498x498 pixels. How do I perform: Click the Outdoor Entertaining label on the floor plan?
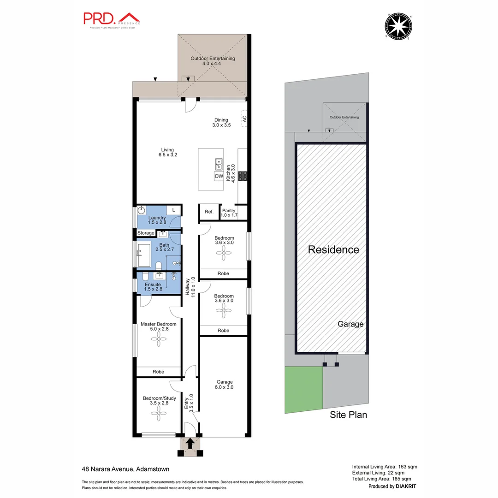point(212,61)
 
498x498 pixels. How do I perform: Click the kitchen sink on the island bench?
point(219,164)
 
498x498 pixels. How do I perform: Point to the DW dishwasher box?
point(219,176)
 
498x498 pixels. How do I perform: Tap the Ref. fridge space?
point(209,212)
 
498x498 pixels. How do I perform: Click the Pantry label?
point(229,213)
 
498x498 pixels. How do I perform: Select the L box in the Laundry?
point(173,210)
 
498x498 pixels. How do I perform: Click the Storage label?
point(146,233)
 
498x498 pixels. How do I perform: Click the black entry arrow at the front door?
point(189,443)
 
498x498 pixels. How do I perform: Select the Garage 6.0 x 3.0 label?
point(225,385)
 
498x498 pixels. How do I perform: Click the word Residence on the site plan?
point(333,250)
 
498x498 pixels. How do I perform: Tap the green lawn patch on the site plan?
point(303,390)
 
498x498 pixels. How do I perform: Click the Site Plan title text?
point(348,415)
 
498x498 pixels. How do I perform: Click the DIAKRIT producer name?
point(406,486)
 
